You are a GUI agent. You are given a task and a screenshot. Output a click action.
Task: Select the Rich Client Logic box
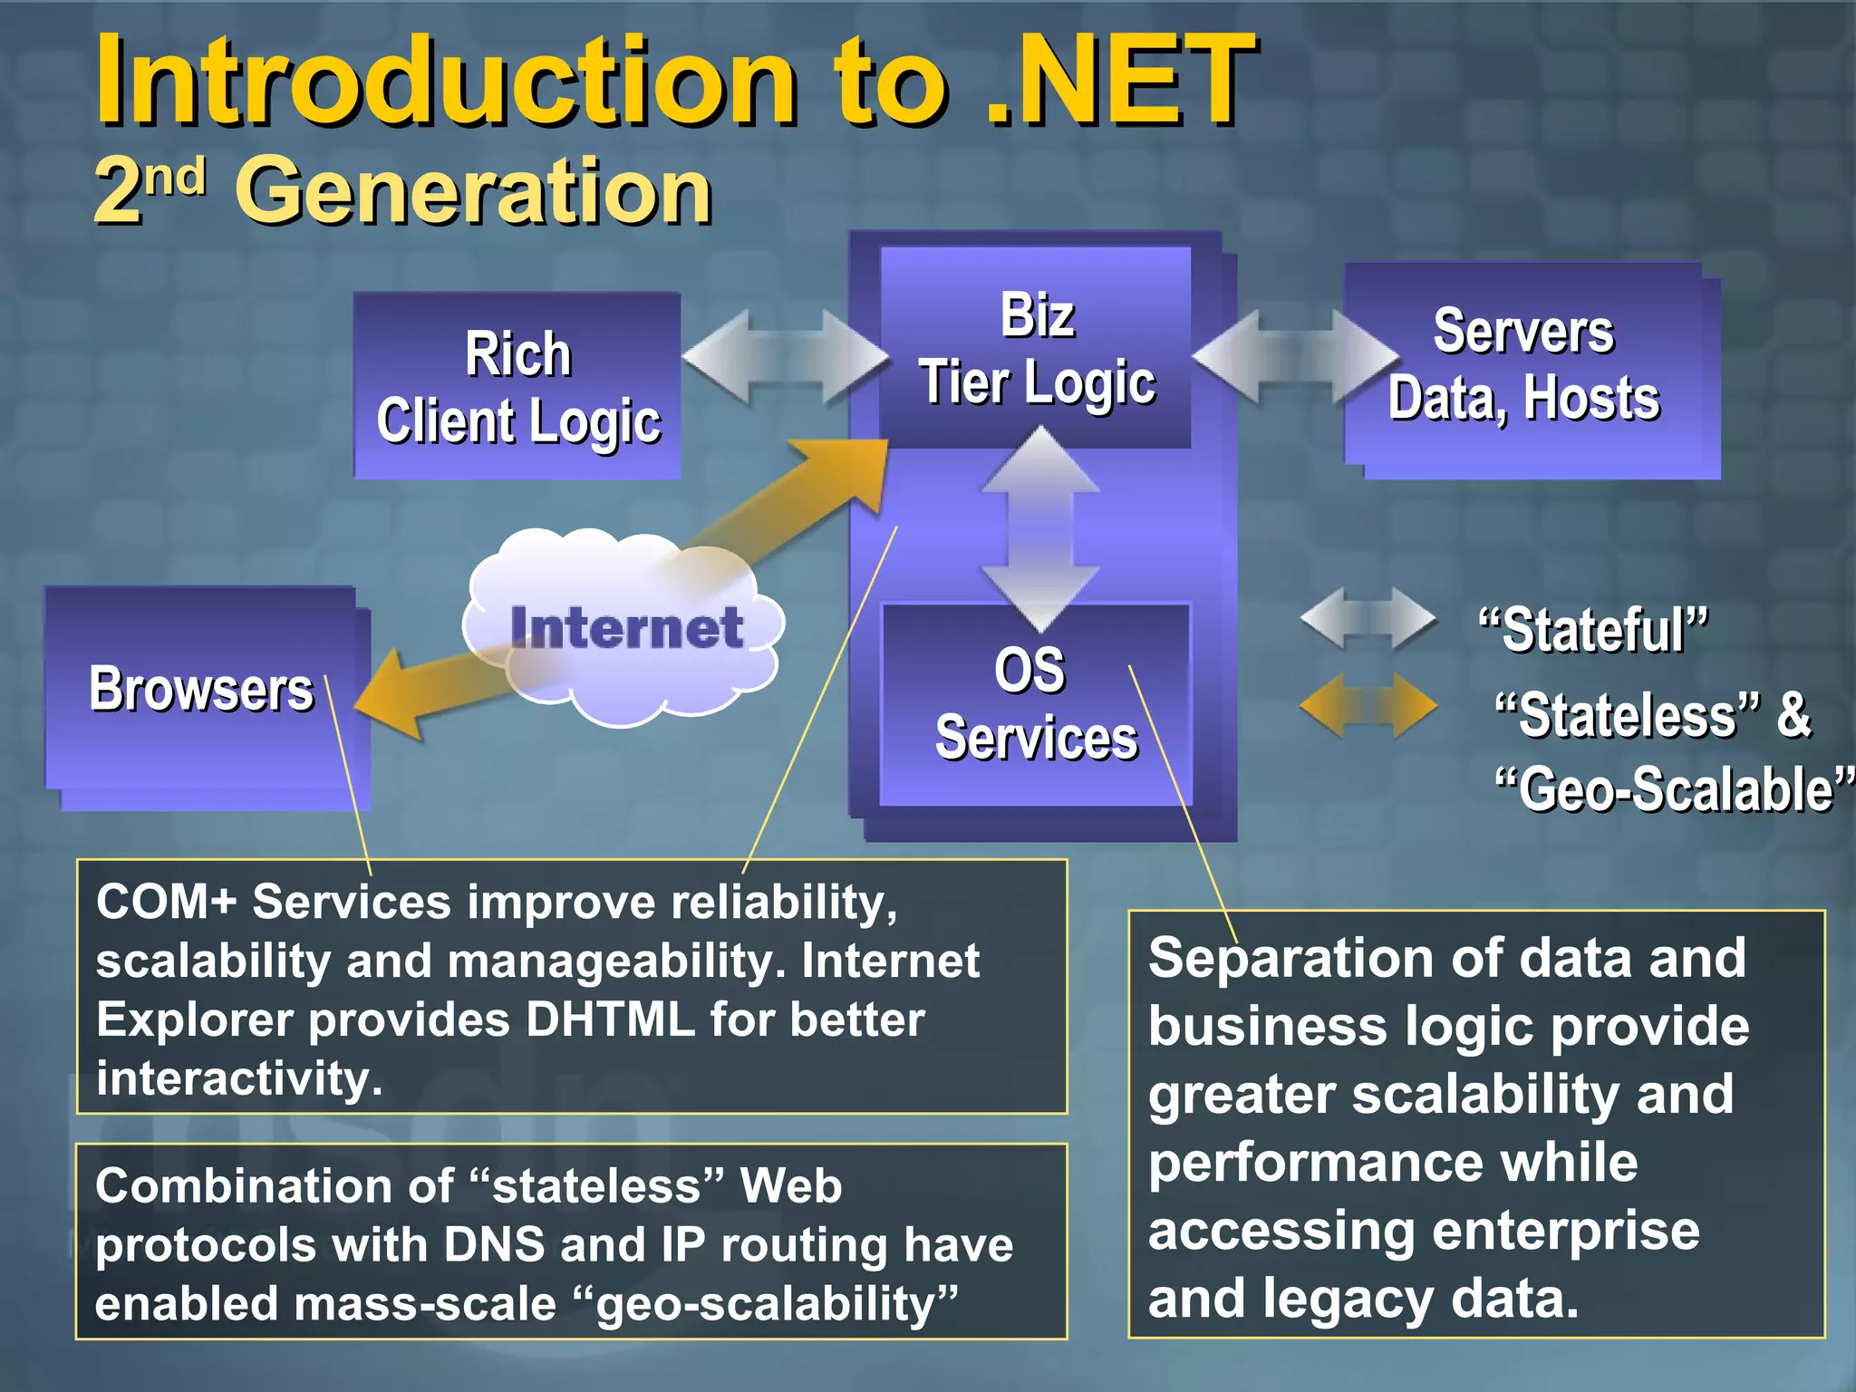[x=517, y=387]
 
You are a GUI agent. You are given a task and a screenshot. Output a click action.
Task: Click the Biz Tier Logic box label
[x=1037, y=349]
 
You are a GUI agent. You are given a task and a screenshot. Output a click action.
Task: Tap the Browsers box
[x=201, y=691]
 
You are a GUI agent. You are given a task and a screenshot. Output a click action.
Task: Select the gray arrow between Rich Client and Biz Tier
[x=785, y=357]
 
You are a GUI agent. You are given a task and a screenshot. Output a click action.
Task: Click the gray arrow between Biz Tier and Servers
[x=1296, y=357]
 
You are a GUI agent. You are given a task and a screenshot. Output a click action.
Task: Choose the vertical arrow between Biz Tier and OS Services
[x=1040, y=528]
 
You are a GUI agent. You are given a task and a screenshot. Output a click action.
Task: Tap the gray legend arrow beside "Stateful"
[x=1368, y=619]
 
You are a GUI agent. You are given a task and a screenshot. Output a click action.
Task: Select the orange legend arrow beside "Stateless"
[x=1368, y=705]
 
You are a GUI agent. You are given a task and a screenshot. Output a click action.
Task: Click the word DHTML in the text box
[x=610, y=1020]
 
